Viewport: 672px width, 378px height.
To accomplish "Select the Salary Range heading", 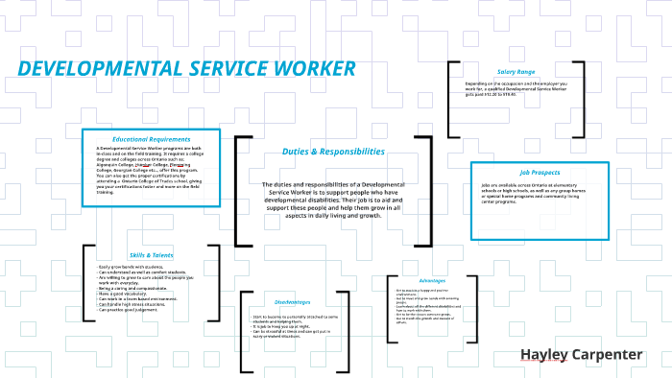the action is [516, 72].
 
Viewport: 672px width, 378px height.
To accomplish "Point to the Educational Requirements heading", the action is [152, 139].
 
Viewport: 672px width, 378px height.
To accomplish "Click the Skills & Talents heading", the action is [152, 255].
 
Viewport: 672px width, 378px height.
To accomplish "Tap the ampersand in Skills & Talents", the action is [150, 255].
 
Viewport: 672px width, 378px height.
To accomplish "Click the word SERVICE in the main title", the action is [224, 69].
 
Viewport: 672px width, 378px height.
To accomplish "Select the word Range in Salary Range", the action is [525, 72].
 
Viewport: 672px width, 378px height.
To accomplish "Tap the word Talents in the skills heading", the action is [163, 255].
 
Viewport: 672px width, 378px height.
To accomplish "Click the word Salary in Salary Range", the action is [506, 72].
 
